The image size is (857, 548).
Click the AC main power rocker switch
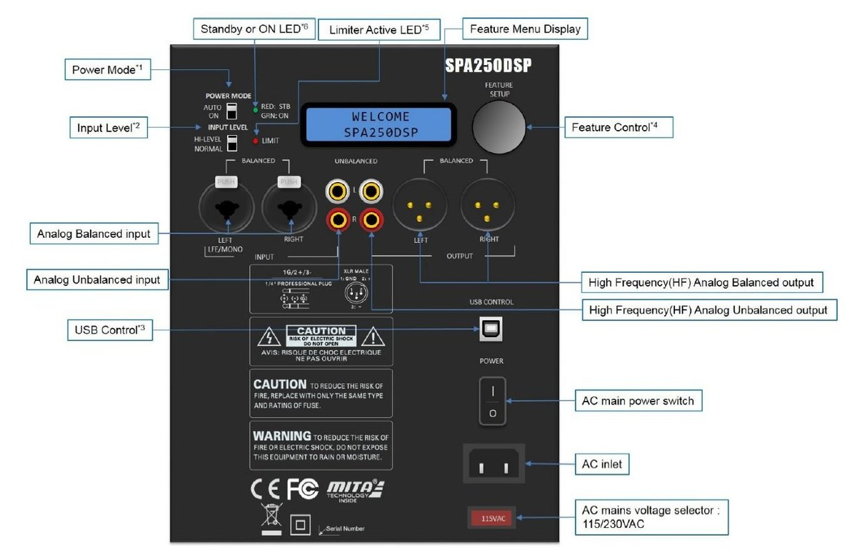[x=492, y=402]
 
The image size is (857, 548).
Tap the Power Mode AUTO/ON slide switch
[x=231, y=110]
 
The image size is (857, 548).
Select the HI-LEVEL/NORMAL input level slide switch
[x=231, y=144]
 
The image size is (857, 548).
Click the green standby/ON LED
[x=255, y=110]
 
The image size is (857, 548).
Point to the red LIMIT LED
[x=255, y=141]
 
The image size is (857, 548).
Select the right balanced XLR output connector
[x=488, y=208]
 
